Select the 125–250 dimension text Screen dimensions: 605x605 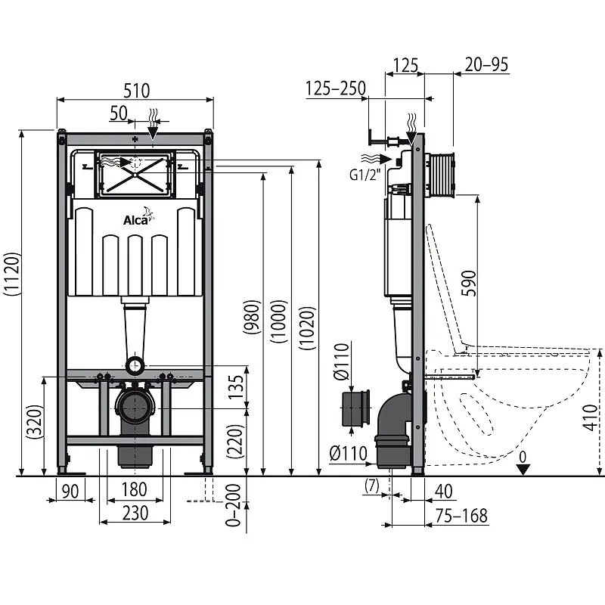[336, 88]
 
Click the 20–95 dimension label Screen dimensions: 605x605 [487, 65]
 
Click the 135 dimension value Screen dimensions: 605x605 [236, 386]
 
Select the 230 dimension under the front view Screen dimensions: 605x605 [135, 512]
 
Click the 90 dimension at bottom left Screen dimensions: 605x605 [70, 492]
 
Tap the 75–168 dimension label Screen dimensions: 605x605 [461, 516]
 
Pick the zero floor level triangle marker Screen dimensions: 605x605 [523, 469]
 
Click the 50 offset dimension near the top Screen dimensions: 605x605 [118, 113]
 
